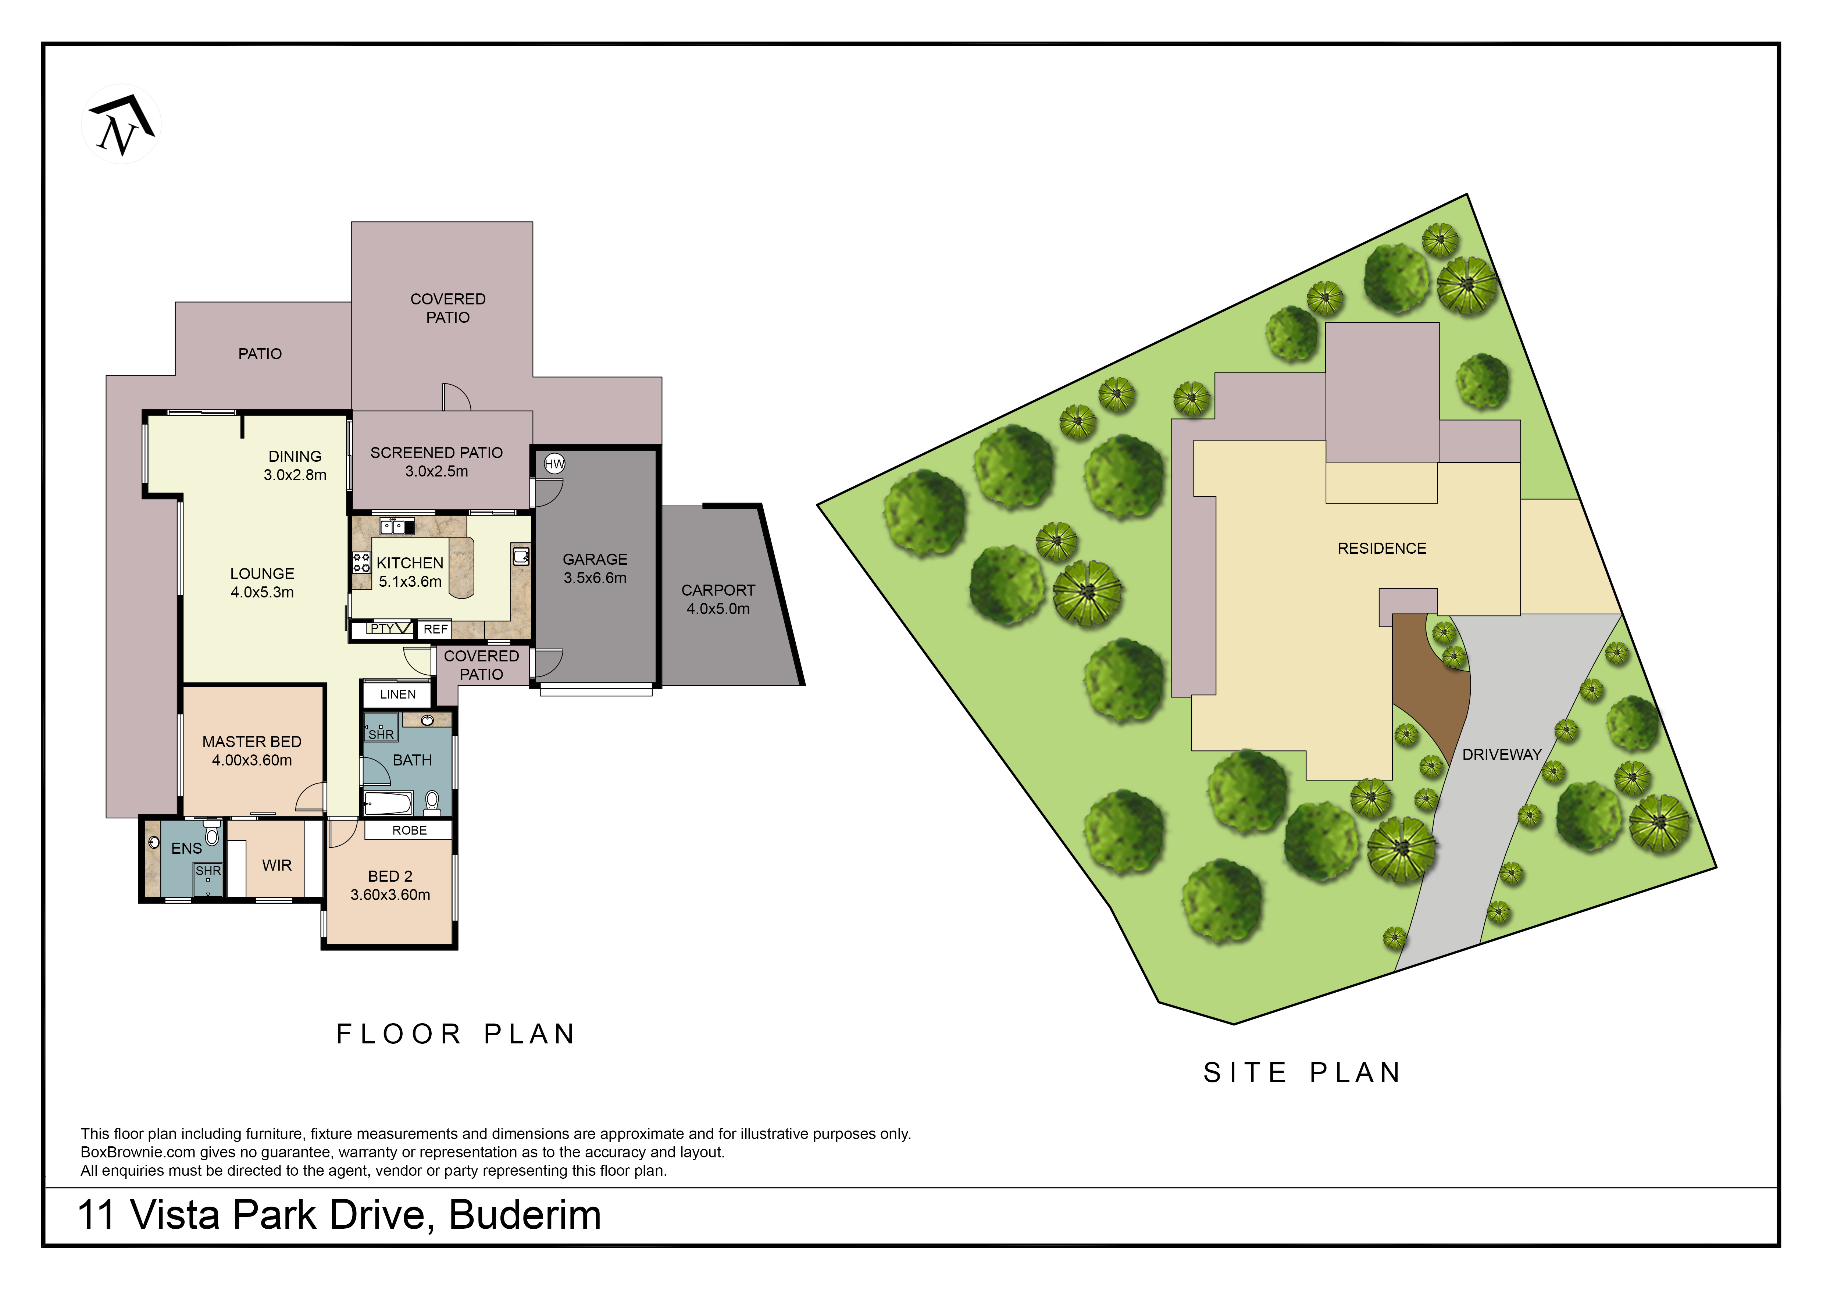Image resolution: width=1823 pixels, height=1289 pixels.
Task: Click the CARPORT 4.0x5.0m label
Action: [718, 599]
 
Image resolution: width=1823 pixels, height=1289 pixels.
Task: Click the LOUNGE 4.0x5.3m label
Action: [262, 583]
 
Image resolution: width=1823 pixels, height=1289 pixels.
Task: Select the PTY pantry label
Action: [382, 629]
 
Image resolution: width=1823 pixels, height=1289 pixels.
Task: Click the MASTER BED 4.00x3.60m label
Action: [252, 751]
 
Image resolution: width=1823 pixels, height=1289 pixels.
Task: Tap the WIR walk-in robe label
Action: [276, 865]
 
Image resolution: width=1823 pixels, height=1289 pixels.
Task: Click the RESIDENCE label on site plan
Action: [1381, 549]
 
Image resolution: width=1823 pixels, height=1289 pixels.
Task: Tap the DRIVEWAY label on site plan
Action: [1501, 755]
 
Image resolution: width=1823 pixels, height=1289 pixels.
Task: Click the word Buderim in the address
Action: [525, 1215]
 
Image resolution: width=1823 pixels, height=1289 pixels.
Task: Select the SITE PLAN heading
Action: [1302, 1073]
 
